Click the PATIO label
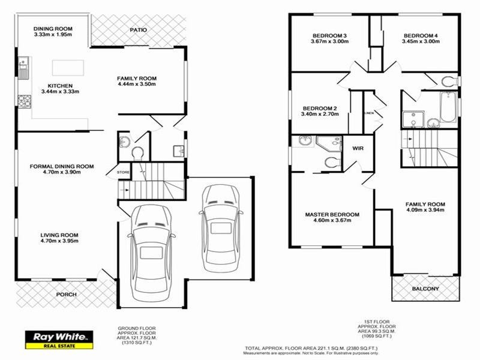138,29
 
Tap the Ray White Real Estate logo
58,340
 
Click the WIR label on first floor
358,148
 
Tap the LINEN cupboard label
369,113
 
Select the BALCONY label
425,289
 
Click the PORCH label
66,295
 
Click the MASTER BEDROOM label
332,215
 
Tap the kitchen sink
23,68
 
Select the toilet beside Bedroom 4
449,82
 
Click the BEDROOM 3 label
329,35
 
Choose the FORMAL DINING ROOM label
62,166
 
